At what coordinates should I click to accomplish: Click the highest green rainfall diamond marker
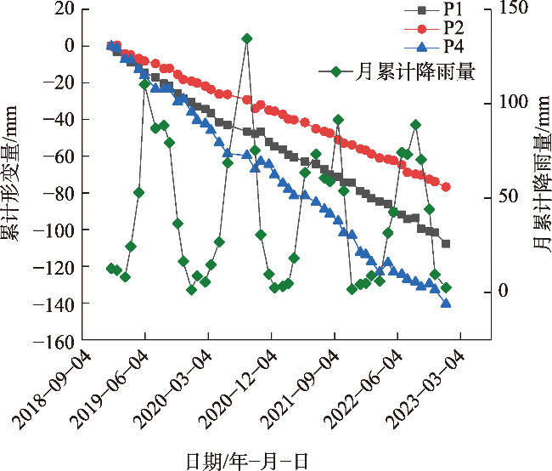(246, 38)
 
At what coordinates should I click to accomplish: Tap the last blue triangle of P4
(446, 303)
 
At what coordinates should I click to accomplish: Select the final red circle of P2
(446, 187)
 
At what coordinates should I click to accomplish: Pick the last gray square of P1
(446, 244)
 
